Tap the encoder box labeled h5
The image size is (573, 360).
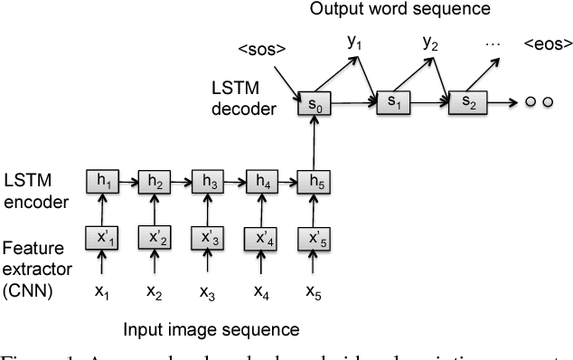(x=314, y=182)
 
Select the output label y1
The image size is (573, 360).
(x=356, y=42)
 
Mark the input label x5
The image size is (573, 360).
(x=314, y=293)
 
